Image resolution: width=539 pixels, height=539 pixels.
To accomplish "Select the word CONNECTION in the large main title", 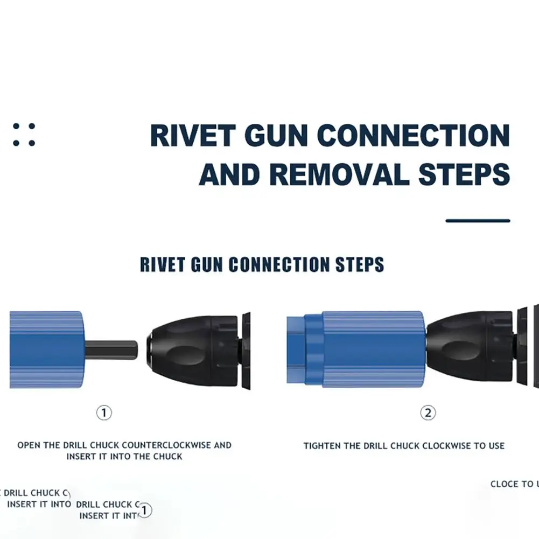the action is pyautogui.click(x=414, y=135).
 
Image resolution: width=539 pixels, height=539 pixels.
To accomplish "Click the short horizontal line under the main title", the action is pyautogui.click(x=478, y=220).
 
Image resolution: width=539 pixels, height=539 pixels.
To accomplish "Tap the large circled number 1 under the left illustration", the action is pyautogui.click(x=104, y=413).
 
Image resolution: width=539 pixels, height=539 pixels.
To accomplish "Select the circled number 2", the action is pyautogui.click(x=428, y=413).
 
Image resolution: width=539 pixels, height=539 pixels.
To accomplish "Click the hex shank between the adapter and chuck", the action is pyautogui.click(x=111, y=351).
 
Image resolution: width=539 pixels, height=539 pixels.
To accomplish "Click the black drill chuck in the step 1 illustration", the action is pyautogui.click(x=199, y=351).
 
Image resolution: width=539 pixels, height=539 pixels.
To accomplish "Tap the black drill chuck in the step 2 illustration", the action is pyautogui.click(x=468, y=349).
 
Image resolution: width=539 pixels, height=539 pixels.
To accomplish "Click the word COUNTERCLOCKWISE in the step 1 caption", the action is pyautogui.click(x=168, y=445).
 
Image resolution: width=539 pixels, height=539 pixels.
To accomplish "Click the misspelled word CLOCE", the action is pyautogui.click(x=505, y=484).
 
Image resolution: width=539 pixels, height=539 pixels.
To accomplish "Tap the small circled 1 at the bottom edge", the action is pyautogui.click(x=145, y=510).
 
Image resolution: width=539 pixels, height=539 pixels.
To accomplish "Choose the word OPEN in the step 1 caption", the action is pyautogui.click(x=28, y=445).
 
